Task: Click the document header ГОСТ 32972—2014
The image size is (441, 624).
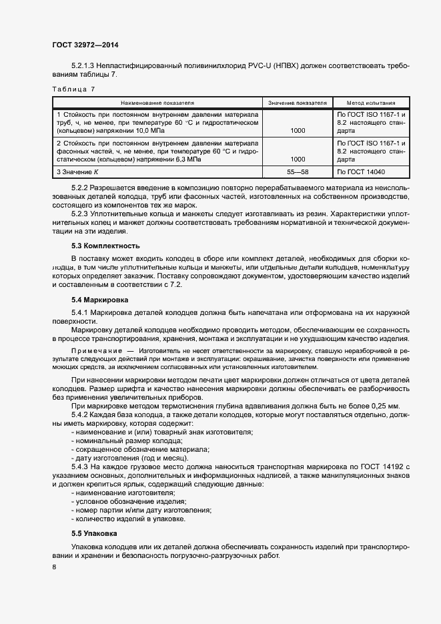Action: click(85, 44)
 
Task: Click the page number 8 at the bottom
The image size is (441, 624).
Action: click(54, 567)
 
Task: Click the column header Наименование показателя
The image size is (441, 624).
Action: click(157, 103)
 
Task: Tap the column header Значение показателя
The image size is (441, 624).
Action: click(298, 103)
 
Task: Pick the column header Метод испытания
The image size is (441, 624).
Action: click(371, 103)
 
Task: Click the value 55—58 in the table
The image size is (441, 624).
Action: click(298, 172)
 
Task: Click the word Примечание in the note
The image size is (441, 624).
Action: click(96, 350)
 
